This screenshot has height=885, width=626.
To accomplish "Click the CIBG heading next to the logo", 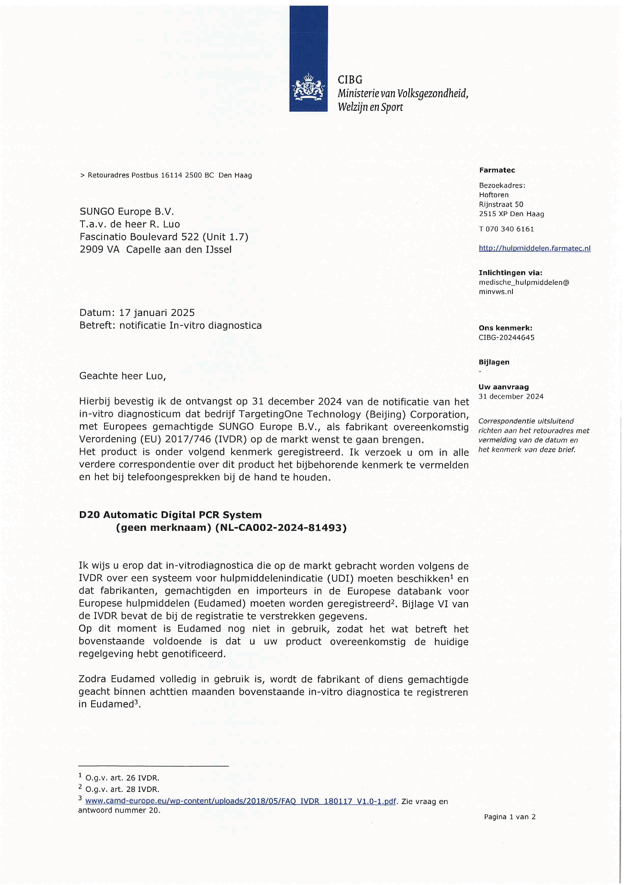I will [350, 80].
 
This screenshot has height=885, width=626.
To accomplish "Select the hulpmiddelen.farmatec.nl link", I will [534, 249].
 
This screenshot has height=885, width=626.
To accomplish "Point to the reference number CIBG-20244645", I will [506, 338].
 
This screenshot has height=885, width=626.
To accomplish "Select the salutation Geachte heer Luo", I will [122, 376].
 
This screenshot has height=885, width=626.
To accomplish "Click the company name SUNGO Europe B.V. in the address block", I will [127, 212].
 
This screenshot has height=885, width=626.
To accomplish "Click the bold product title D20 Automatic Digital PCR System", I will [170, 515].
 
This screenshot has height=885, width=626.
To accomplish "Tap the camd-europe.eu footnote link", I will [241, 801].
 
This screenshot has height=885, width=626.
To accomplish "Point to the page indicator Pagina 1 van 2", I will [509, 817].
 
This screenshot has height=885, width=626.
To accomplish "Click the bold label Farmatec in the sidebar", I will [497, 170].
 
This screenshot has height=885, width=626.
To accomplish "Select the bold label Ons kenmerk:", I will [505, 328].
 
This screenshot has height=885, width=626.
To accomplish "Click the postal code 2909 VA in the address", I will [100, 250].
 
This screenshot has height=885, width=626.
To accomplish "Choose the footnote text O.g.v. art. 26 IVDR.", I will [122, 778].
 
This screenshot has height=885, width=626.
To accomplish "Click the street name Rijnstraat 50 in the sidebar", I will [501, 205].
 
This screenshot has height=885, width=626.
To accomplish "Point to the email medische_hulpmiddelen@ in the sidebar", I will [523, 283].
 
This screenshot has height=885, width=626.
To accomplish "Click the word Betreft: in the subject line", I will [97, 326].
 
